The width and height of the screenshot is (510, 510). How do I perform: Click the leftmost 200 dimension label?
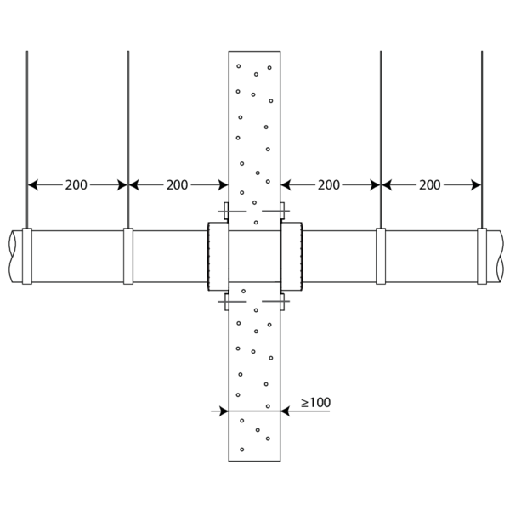point(76,185)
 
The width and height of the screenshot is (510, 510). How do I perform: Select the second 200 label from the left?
point(178,185)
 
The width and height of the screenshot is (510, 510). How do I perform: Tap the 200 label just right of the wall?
point(329,185)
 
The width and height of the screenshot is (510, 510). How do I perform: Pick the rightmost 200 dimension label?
point(430,185)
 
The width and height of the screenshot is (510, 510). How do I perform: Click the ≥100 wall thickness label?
point(316,403)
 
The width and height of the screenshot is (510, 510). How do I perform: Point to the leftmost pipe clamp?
point(27,257)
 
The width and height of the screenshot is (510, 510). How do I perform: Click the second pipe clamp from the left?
point(128,257)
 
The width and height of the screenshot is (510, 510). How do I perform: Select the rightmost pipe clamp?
point(482,257)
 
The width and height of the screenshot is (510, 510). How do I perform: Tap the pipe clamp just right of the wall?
point(381,257)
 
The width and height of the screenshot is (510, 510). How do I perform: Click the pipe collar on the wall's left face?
point(218,257)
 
